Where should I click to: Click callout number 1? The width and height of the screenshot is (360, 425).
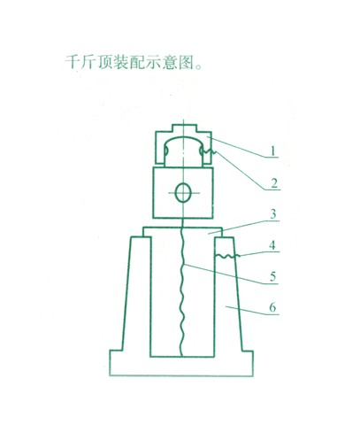click(x=272, y=151)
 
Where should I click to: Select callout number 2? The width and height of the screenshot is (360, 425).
click(x=274, y=183)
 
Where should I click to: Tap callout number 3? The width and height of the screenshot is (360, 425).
click(x=273, y=214)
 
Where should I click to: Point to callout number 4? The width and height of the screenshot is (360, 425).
click(x=272, y=245)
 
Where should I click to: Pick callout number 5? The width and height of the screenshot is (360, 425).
click(x=273, y=277)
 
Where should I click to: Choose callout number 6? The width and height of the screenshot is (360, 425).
click(x=272, y=308)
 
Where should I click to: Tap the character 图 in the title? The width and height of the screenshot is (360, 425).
click(x=186, y=62)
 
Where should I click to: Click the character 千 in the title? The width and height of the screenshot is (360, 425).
click(x=73, y=62)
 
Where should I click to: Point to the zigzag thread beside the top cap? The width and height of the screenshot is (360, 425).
click(x=210, y=152)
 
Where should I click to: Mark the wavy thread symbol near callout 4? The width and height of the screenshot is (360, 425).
click(x=227, y=257)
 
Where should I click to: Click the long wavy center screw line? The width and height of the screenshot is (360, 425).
click(x=182, y=290)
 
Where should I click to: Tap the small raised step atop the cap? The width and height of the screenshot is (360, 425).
click(x=183, y=128)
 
